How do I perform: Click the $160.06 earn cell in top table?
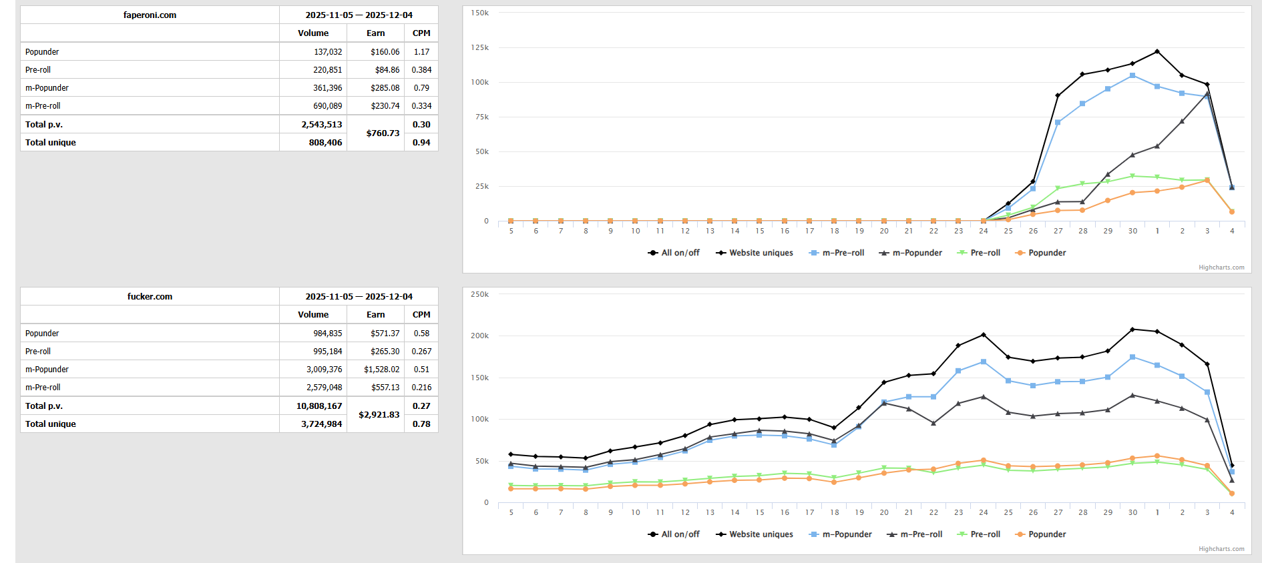(385, 52)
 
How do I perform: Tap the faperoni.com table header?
(150, 15)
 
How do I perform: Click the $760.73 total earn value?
(383, 133)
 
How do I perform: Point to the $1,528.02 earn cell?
(381, 370)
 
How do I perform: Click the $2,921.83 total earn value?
(379, 415)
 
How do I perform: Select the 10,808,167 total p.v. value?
(319, 406)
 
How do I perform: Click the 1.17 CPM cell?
(421, 52)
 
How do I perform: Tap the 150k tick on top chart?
(479, 13)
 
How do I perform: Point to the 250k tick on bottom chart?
(479, 295)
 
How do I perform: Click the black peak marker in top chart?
(1157, 51)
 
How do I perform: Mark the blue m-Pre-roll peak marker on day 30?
(1132, 76)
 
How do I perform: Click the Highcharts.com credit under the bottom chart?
(1221, 549)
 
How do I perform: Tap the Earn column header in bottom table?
(375, 315)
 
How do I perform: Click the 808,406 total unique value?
(325, 143)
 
